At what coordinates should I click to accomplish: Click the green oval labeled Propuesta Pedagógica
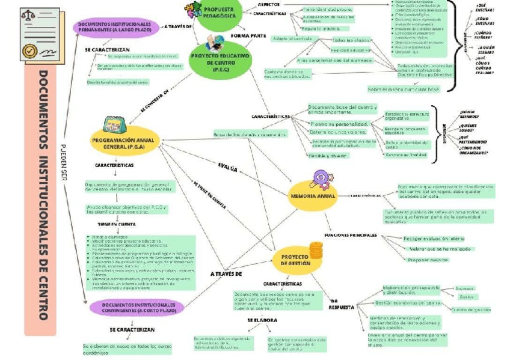[220, 13]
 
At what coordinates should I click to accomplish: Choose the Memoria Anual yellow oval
[313, 196]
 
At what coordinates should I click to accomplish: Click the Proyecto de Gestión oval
[296, 260]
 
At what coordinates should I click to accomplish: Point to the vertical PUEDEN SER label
[64, 162]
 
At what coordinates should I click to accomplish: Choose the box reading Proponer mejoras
[428, 260]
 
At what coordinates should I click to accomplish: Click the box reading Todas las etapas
[351, 40]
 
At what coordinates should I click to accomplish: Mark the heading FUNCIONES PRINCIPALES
[351, 235]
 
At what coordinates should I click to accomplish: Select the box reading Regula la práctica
[321, 28]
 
